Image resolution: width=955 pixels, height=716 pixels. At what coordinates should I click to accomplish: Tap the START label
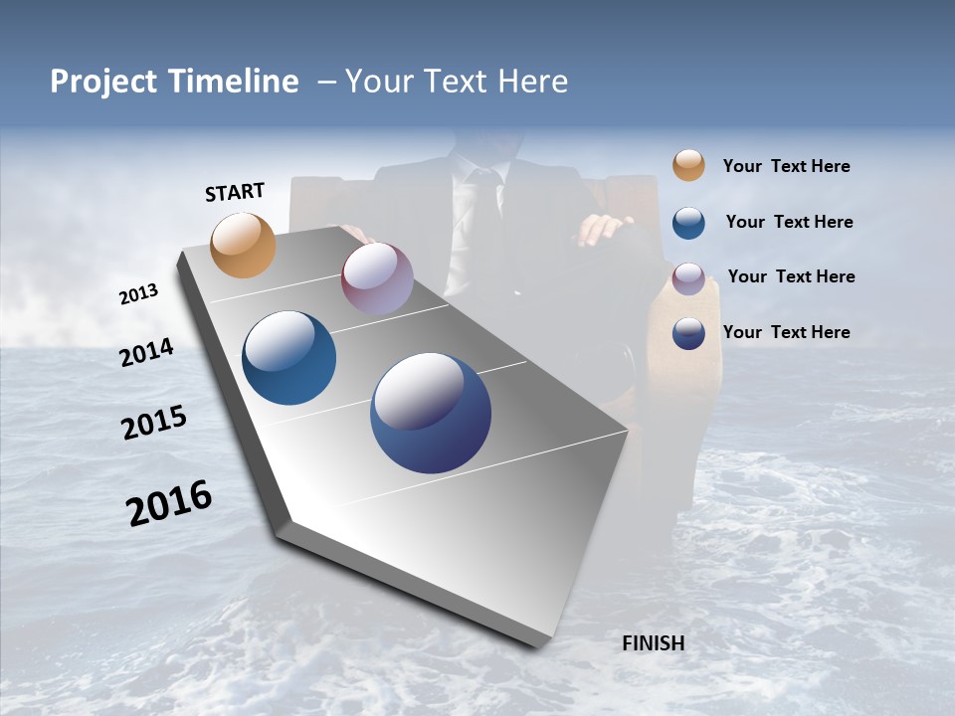pos(235,192)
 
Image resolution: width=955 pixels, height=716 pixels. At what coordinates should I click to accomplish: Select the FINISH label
pos(653,643)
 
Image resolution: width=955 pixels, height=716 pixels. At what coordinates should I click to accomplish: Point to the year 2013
pos(139,294)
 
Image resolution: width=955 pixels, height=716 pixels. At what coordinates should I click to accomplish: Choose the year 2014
pos(147,352)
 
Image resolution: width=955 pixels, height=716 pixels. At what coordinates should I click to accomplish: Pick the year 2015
pos(154,423)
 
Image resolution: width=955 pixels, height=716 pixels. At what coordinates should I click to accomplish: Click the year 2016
pos(169,502)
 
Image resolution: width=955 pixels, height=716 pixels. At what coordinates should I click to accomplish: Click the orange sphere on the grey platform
pos(243,245)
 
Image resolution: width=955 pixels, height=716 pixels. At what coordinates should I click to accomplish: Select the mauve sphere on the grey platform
pos(377,278)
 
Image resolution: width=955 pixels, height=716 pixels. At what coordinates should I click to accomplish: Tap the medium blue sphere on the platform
pos(288,358)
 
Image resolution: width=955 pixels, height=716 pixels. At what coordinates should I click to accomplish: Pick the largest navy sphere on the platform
pos(431,413)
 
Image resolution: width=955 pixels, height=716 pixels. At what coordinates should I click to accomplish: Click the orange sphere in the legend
pos(688,165)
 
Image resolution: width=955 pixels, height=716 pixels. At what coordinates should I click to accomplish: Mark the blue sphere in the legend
pos(688,222)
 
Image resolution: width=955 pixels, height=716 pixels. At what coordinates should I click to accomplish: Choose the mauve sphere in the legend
pos(688,277)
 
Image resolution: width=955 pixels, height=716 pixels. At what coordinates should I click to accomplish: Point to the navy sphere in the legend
pos(688,333)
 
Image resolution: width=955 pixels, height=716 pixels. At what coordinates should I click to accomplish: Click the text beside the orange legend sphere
pos(786,166)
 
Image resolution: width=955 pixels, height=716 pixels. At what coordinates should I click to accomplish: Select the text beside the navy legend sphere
pos(786,332)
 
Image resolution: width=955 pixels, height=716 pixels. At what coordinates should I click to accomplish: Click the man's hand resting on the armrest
pos(602,230)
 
